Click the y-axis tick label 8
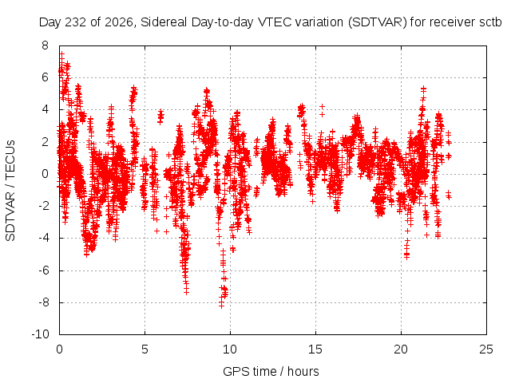point(45,45)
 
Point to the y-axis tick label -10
point(40,334)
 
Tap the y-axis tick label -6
point(43,270)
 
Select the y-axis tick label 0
point(45,174)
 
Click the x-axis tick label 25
point(486,349)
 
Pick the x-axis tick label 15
point(315,349)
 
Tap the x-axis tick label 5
point(145,349)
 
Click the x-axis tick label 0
point(59,349)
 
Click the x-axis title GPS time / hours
point(271,372)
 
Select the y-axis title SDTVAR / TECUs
point(10,191)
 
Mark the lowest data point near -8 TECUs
point(221,306)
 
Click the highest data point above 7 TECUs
point(61,53)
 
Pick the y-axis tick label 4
point(45,109)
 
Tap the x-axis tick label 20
point(401,349)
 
